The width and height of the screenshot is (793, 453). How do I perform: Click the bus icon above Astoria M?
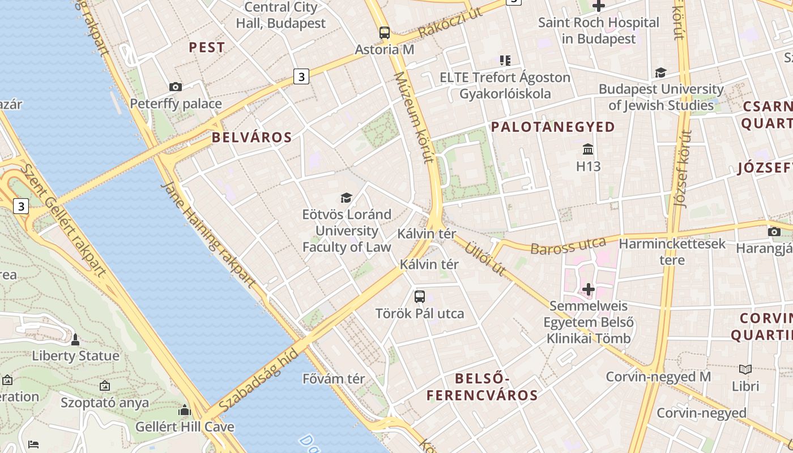385,32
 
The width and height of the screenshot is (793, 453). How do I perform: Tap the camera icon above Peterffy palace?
176,87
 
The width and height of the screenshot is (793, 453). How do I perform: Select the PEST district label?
207,48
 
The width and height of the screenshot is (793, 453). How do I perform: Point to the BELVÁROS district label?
252,137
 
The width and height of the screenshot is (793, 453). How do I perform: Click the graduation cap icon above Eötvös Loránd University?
346,198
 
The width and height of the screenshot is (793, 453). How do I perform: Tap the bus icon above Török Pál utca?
420,296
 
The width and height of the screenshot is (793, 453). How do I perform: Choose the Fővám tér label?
334,378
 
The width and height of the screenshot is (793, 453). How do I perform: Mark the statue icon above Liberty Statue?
75,339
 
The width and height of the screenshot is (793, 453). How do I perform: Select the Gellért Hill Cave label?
185,426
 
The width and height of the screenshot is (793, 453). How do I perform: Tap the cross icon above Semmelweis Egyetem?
589,289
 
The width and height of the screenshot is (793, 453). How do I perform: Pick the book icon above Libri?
745,370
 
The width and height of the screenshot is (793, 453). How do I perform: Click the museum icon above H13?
588,150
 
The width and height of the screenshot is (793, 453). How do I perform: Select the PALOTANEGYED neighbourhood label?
553,127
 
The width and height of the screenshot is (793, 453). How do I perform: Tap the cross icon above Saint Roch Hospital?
599,6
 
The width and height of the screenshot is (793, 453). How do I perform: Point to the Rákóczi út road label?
451,25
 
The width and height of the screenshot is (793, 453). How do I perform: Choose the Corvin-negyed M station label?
658,377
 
